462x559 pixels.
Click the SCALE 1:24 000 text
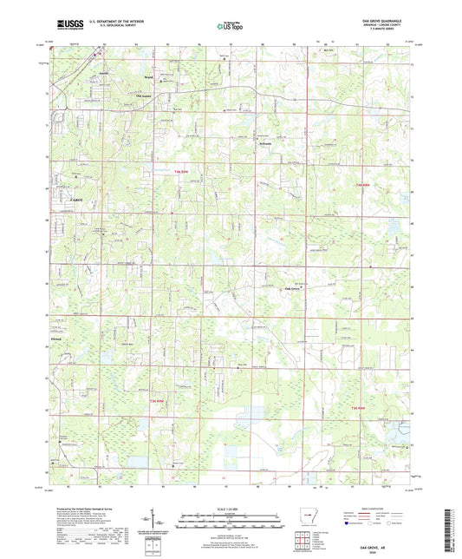click(x=231, y=508)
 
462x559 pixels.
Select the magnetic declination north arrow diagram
click(x=159, y=521)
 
